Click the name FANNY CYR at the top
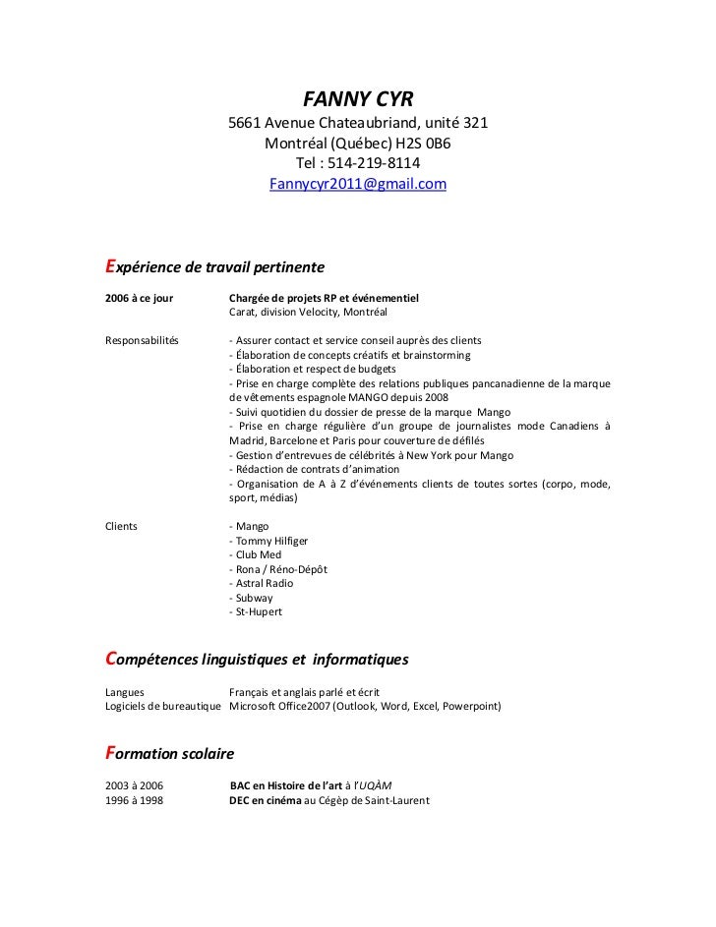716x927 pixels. coord(358,98)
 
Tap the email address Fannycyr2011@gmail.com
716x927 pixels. coord(358,184)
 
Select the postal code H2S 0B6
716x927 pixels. coord(423,143)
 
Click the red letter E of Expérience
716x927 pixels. coord(110,266)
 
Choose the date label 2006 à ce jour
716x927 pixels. coord(139,298)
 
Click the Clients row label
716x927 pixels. coord(121,526)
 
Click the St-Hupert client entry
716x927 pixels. coord(258,611)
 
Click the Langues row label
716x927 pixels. coord(124,692)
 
